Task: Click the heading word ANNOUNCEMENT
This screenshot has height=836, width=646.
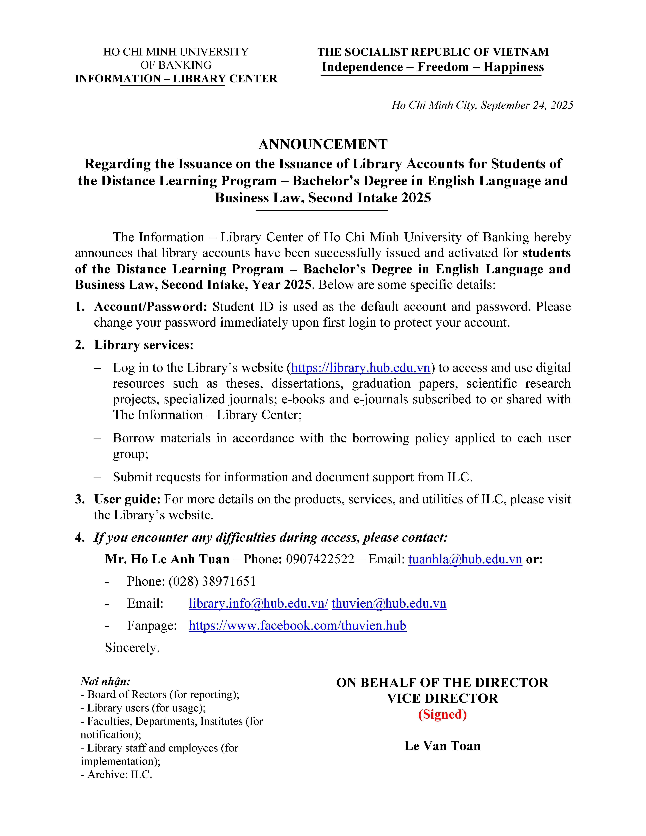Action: pos(323,144)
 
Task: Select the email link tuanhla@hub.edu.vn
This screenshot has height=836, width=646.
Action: pos(465,559)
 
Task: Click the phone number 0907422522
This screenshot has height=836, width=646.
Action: pos(320,559)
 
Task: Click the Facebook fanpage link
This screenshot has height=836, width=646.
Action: pos(297,625)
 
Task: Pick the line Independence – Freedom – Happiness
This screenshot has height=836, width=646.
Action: pos(432,67)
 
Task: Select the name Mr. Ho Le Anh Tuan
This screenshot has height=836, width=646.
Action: pos(167,559)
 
